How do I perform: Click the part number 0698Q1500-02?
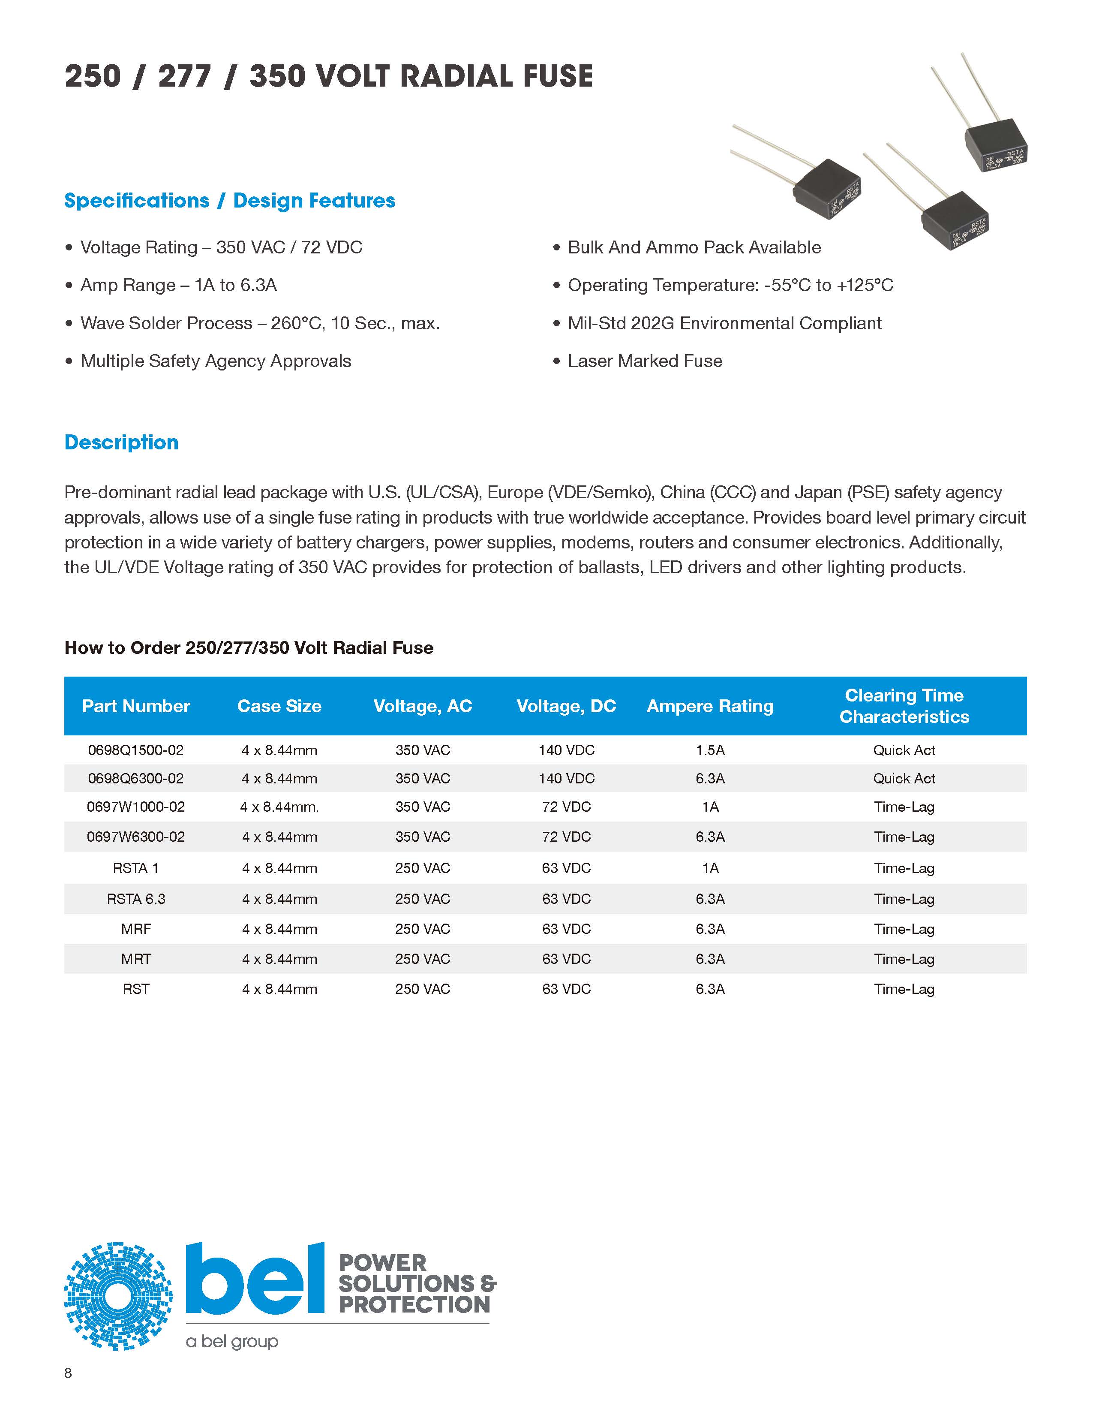[x=135, y=750]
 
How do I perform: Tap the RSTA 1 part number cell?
[x=135, y=868]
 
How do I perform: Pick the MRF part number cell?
[x=135, y=929]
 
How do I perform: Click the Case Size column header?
[x=279, y=706]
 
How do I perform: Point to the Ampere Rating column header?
[x=710, y=706]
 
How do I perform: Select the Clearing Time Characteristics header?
[x=904, y=706]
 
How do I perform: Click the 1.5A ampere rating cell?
[x=710, y=750]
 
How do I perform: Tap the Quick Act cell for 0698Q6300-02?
[x=904, y=779]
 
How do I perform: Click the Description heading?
[x=121, y=443]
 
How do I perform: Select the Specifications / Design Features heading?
[x=229, y=201]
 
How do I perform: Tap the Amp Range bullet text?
[x=178, y=285]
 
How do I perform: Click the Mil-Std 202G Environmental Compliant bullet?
[x=724, y=323]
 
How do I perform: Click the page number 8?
[x=68, y=1373]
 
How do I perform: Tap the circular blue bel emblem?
[x=118, y=1296]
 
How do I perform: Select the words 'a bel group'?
[x=232, y=1341]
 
